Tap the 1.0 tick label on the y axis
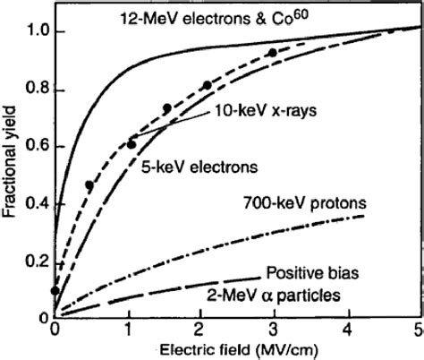coord(34,32)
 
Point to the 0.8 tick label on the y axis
coord(34,90)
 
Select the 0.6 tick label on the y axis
coord(34,148)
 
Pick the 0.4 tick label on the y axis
coord(34,205)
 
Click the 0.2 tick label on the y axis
coord(34,262)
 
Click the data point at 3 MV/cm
coord(272,53)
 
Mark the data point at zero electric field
coord(56,290)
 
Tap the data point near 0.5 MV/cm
coord(89,185)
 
